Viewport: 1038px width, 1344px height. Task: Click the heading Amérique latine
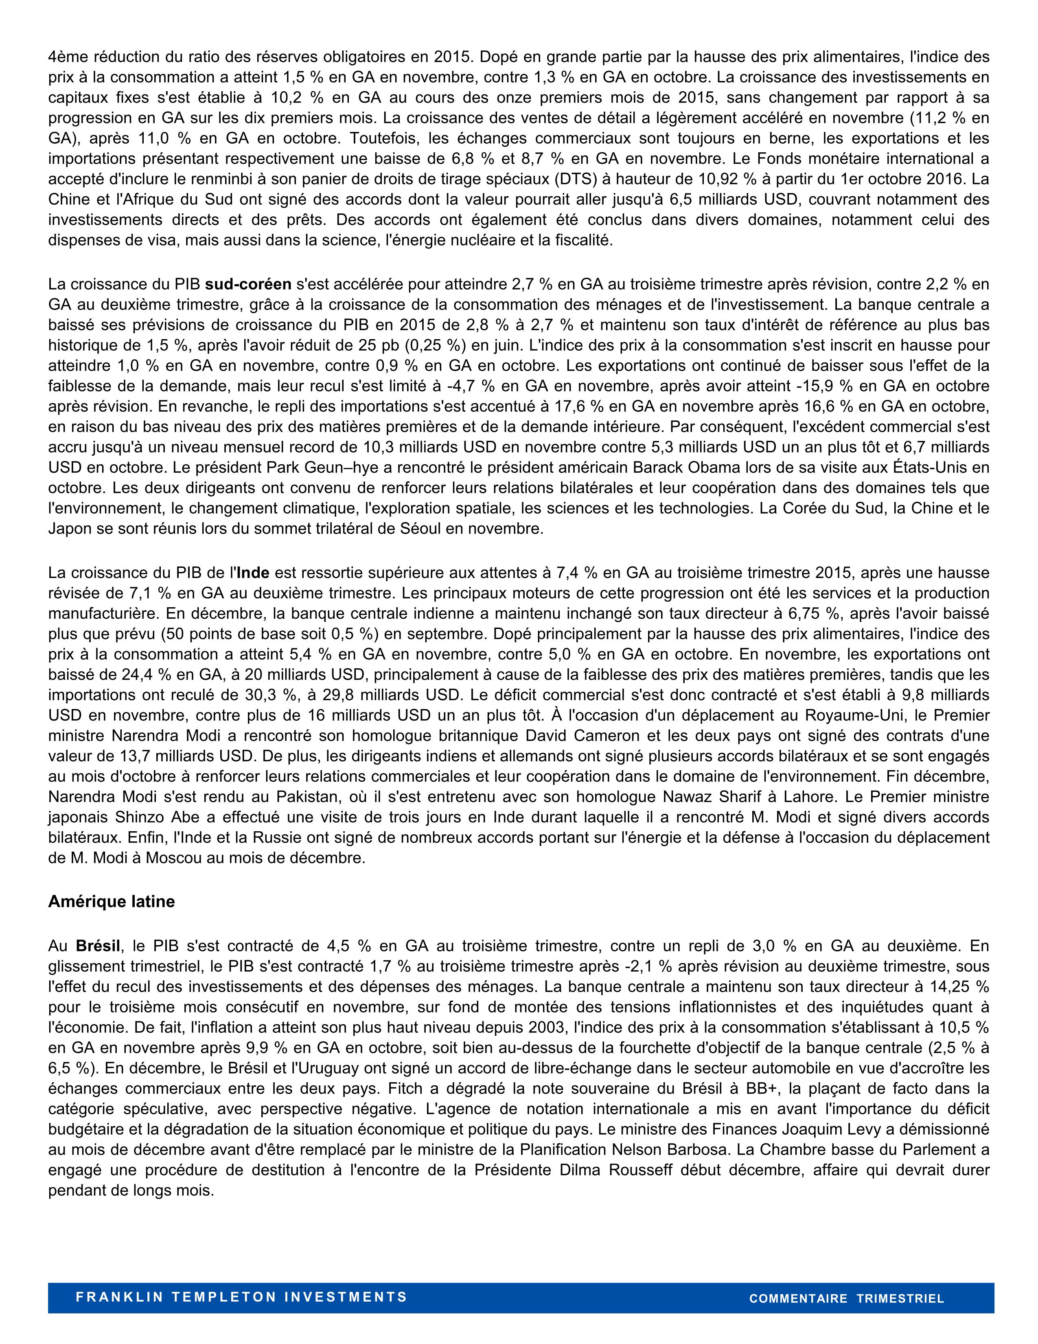point(111,902)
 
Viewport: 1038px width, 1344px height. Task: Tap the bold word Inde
point(253,573)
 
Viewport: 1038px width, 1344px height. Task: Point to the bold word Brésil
point(98,945)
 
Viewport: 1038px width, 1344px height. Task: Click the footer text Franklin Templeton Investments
point(241,1297)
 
